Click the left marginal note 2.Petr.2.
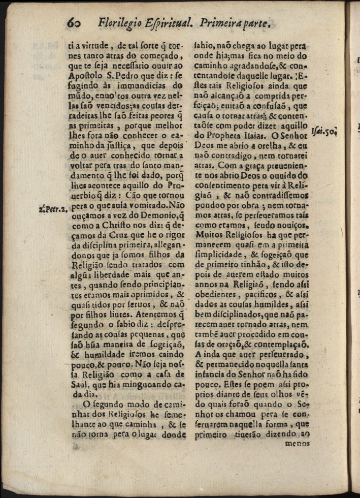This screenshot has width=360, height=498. click(x=52, y=208)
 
